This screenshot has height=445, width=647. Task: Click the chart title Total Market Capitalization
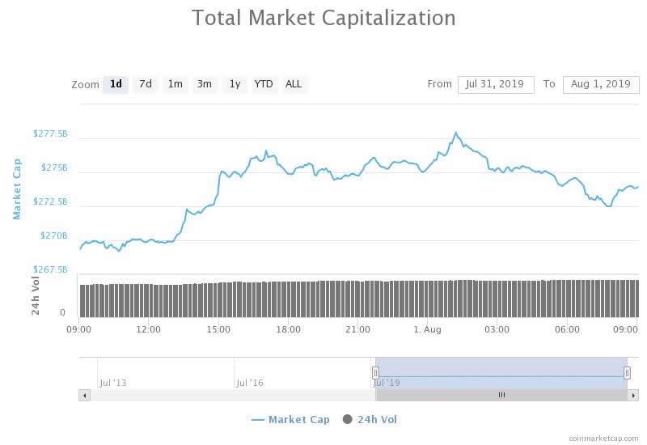point(323,18)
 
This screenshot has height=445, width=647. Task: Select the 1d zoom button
point(116,84)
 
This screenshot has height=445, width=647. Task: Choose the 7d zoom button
point(145,84)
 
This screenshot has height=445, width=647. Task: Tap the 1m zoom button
point(175,84)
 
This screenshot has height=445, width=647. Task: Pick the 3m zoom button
point(205,84)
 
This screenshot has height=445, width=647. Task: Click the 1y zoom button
point(235,84)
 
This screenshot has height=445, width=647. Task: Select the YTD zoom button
point(264,84)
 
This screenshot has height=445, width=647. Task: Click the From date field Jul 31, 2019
point(495,84)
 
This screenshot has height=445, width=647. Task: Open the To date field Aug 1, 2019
point(600,84)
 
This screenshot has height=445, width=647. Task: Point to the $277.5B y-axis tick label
point(50,133)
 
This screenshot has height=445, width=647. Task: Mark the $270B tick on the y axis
point(54,235)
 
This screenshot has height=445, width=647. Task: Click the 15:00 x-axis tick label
point(218,329)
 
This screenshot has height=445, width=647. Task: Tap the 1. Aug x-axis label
point(427,329)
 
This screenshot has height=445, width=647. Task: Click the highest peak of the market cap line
point(456,133)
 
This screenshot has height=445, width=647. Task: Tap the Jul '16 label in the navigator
point(249,382)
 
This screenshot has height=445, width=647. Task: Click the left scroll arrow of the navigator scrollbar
point(84,395)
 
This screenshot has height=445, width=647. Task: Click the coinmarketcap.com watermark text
point(603,438)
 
